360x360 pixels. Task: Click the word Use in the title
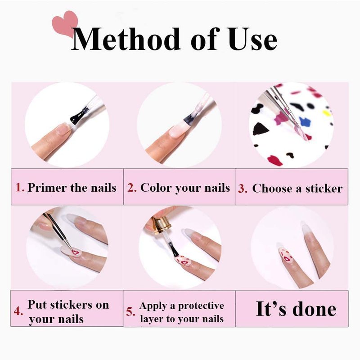(252, 39)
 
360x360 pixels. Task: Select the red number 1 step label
(20, 187)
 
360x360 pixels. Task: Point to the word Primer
(47, 188)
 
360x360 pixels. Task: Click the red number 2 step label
(132, 187)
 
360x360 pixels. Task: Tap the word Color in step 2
(156, 187)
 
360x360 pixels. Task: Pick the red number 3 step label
(243, 189)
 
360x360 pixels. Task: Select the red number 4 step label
(18, 311)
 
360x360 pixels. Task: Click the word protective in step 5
(201, 306)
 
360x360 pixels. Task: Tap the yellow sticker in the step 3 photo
(326, 113)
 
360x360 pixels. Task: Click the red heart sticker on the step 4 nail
(75, 252)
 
